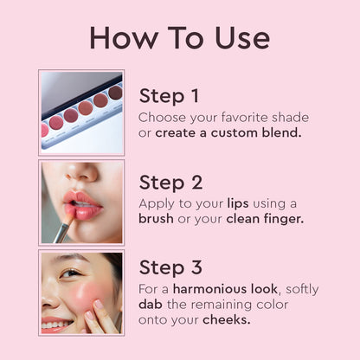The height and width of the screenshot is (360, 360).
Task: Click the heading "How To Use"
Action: tap(179, 37)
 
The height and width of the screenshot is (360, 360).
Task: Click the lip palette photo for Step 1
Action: tap(81, 112)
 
